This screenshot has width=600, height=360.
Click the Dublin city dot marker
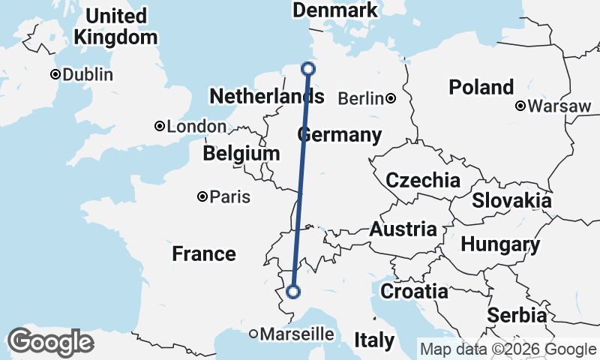[x=55, y=75]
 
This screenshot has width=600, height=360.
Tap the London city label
[x=196, y=127]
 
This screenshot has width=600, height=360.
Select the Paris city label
[x=230, y=197]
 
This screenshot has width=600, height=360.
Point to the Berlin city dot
[x=391, y=98]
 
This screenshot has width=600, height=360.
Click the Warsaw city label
[x=559, y=106]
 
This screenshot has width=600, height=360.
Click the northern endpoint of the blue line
[x=308, y=70]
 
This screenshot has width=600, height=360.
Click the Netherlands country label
[x=267, y=97]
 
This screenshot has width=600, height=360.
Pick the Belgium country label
[x=241, y=154]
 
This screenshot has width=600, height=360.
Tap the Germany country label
[x=340, y=136]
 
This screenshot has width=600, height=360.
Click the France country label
[x=204, y=253]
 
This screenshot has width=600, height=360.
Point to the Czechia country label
[x=423, y=180]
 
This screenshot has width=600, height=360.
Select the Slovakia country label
[x=511, y=201]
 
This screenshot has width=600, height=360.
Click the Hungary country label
[x=500, y=244]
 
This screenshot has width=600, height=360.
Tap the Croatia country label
[x=414, y=291]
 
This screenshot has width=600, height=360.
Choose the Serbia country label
[x=517, y=316]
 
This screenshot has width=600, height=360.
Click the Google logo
[x=50, y=342]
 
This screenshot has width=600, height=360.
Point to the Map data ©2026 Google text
[x=508, y=349]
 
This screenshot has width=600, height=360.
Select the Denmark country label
[x=334, y=10]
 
